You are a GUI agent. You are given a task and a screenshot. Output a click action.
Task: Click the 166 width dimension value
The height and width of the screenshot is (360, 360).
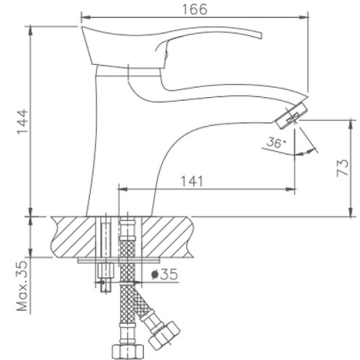(x=194, y=9)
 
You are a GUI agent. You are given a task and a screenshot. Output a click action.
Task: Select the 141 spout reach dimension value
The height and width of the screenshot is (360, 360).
(x=192, y=181)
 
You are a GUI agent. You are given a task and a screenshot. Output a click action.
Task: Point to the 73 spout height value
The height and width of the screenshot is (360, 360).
(x=343, y=168)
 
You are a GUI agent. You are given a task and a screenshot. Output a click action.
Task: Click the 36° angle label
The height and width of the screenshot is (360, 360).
(x=276, y=143)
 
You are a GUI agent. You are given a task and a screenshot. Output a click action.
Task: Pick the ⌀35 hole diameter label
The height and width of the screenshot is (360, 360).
(x=165, y=274)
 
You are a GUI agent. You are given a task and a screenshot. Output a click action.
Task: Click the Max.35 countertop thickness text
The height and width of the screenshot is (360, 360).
(x=22, y=286)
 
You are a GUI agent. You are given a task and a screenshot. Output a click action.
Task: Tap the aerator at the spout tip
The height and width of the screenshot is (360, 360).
(x=292, y=115)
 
